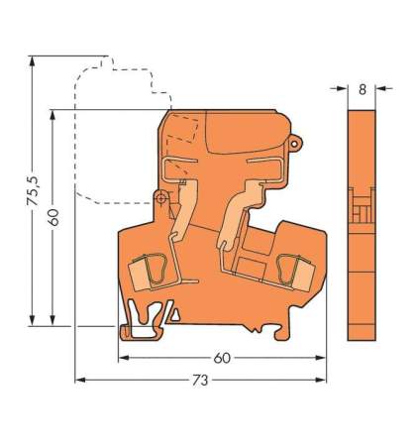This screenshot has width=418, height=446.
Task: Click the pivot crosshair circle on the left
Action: point(158,198)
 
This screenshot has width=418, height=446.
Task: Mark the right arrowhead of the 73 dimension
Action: point(323,380)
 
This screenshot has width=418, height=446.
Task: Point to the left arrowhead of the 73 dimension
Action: point(80,380)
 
